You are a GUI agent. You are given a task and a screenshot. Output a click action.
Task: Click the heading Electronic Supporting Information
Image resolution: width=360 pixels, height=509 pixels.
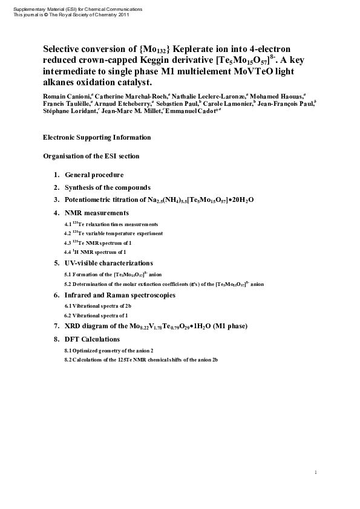[97, 138]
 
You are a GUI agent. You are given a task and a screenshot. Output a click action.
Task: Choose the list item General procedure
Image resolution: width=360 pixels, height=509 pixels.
[94, 175]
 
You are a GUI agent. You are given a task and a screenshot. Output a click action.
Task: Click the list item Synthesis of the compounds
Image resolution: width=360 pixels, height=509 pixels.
[108, 187]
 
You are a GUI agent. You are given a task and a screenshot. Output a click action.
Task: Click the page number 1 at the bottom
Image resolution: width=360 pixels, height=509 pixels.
[316, 472]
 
